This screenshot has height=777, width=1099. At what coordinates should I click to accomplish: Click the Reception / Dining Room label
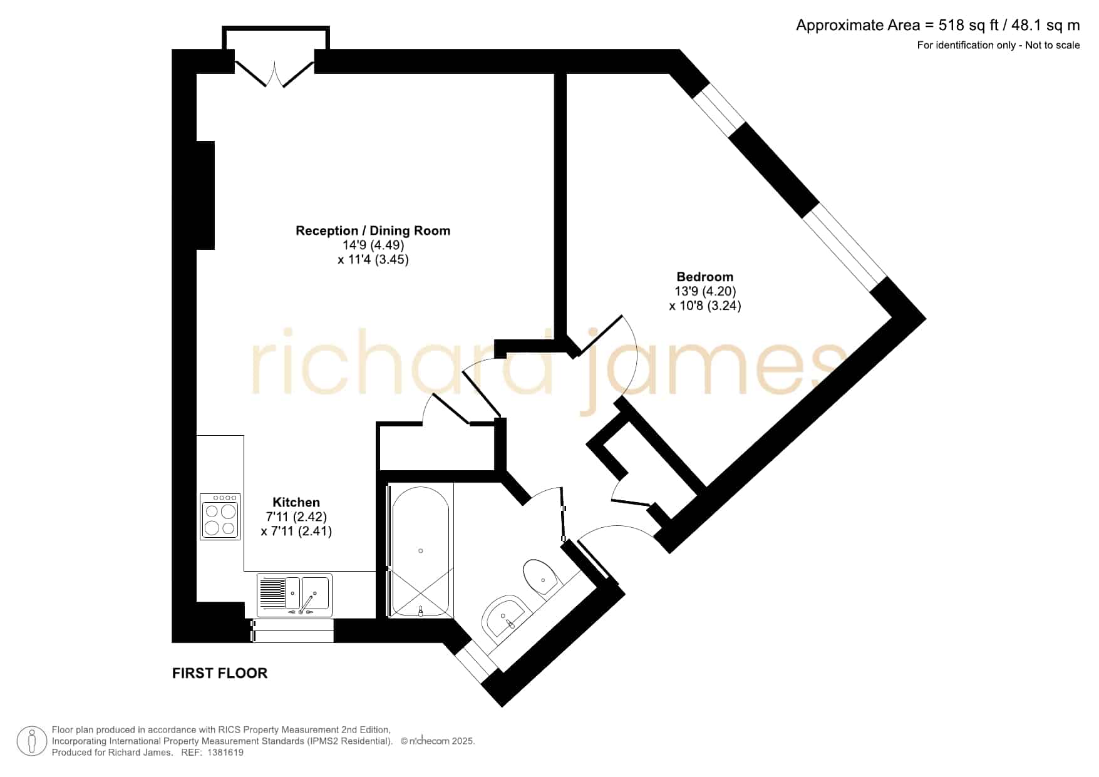[x=373, y=230]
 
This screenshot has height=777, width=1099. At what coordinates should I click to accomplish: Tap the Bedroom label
[x=704, y=277]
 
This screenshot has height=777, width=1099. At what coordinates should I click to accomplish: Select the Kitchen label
[x=296, y=502]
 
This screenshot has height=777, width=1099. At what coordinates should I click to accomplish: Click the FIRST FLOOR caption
[x=220, y=673]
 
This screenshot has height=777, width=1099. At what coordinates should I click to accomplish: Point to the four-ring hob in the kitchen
[x=220, y=517]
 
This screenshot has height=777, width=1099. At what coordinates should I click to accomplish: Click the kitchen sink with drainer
[x=294, y=595]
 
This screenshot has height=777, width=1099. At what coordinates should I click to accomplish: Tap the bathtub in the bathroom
[x=420, y=551]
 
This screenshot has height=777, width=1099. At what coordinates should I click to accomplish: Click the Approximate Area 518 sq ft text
[x=938, y=25]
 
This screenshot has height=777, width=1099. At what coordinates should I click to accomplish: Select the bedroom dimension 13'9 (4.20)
[x=705, y=291]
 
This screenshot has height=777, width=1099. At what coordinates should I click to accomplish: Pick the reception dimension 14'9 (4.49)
[x=373, y=245]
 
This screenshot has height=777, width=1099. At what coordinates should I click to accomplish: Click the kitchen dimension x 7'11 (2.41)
[x=296, y=531]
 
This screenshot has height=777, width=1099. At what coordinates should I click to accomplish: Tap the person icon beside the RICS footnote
[x=31, y=741]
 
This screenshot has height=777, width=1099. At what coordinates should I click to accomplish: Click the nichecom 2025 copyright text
[x=438, y=741]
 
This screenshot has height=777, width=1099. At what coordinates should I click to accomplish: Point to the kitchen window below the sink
[x=292, y=630]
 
